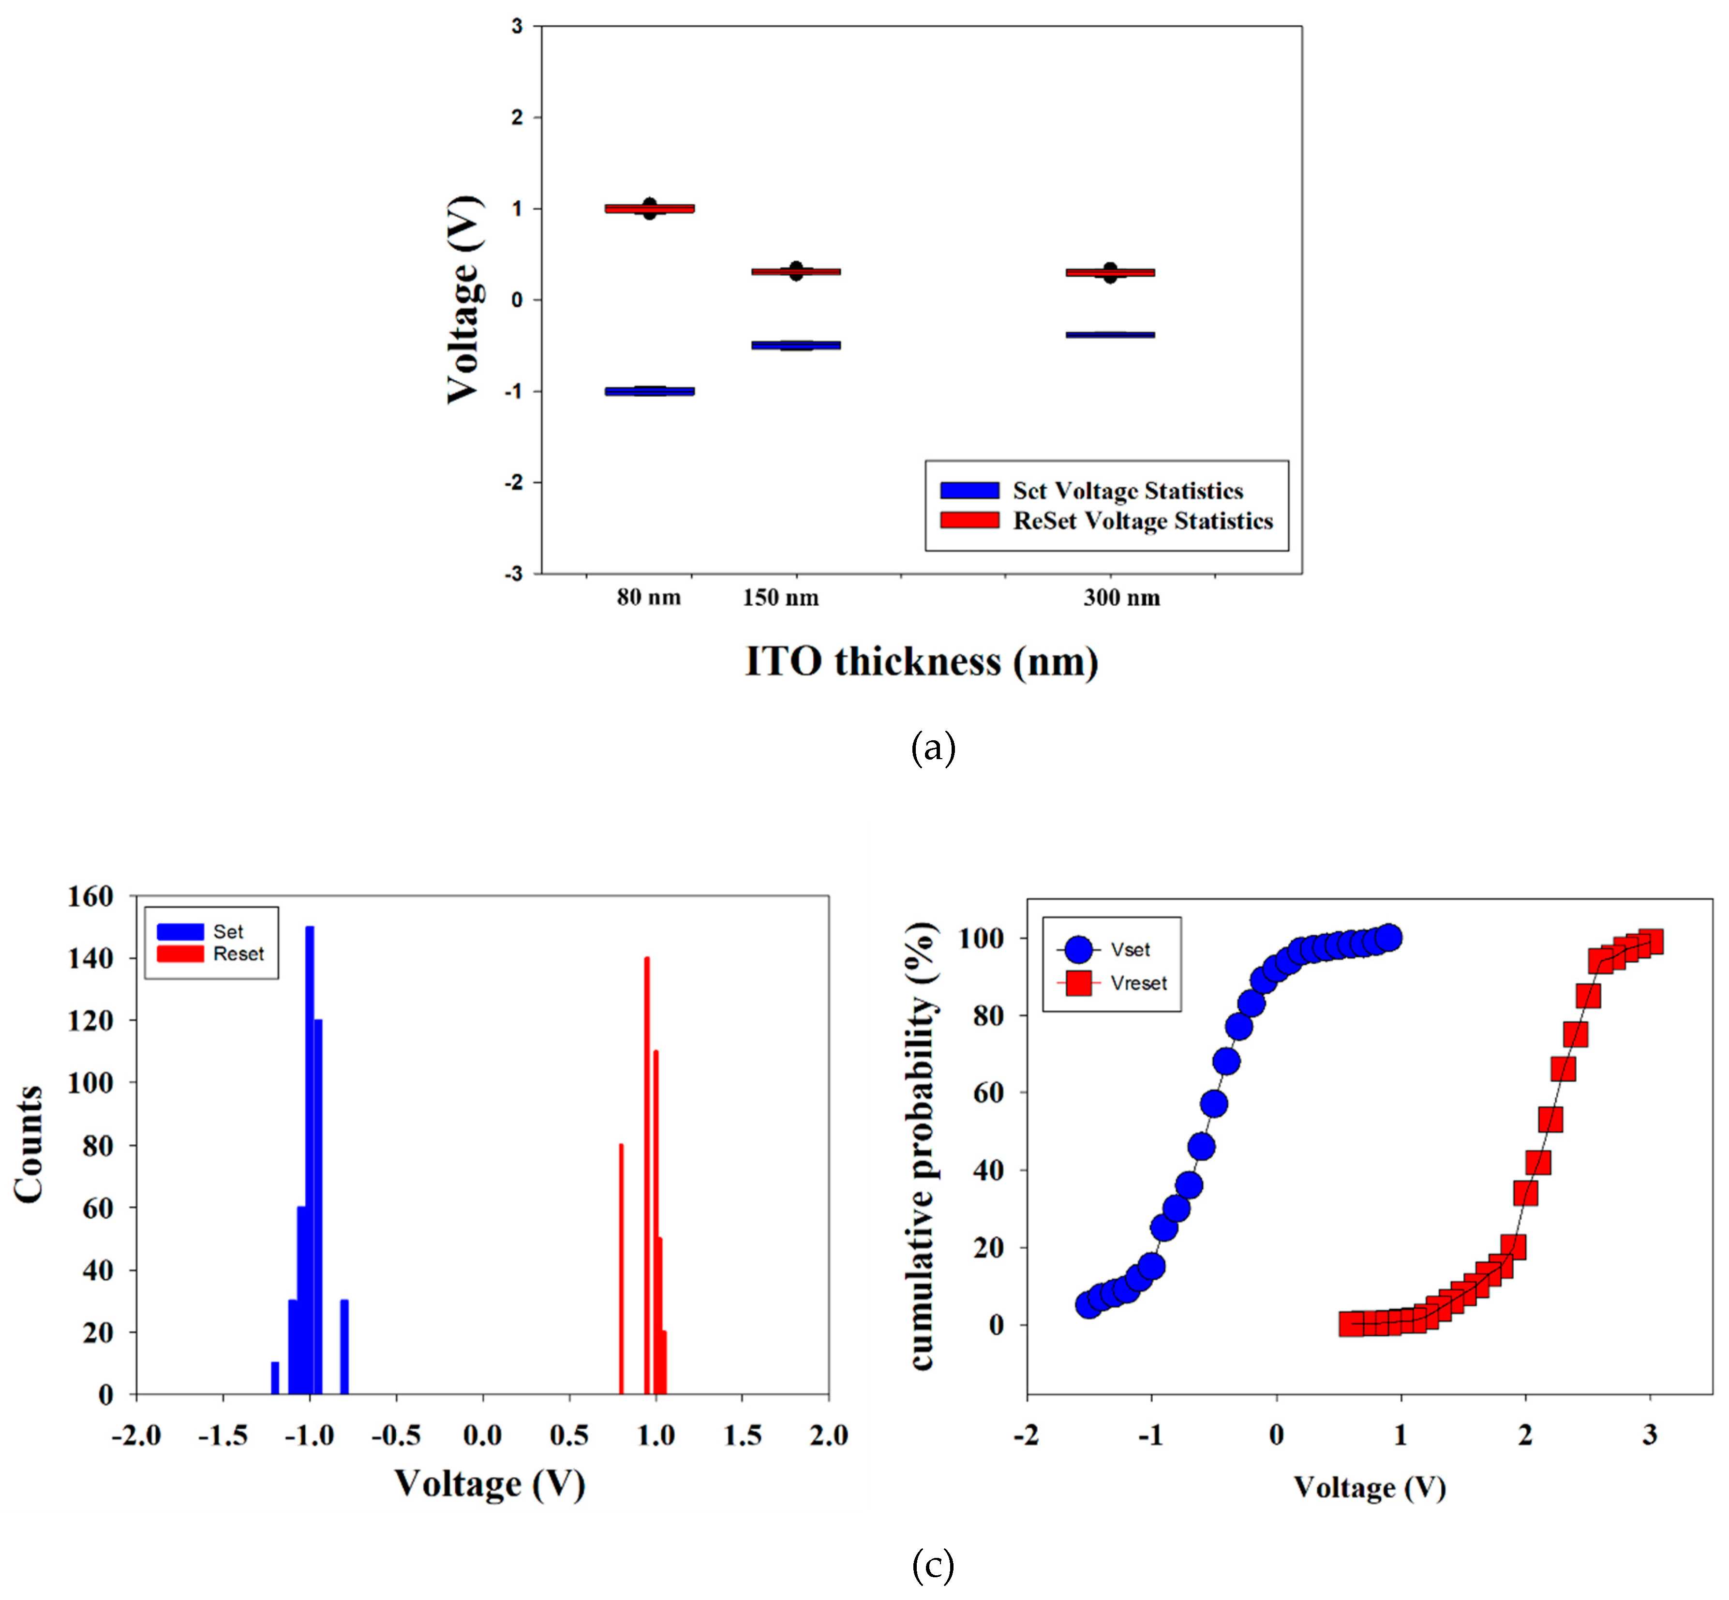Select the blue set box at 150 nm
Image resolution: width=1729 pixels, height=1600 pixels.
[796, 344]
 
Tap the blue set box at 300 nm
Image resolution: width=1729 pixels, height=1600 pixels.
[1110, 334]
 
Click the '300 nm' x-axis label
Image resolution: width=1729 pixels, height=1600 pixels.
[1121, 598]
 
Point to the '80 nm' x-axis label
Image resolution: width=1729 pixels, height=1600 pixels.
[648, 598]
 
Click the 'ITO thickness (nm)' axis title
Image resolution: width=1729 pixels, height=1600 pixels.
[921, 662]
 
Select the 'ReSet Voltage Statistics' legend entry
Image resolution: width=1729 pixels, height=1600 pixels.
[1142, 521]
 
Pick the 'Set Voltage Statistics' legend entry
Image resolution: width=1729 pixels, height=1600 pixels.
[1127, 491]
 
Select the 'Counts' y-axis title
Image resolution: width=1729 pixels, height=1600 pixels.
[29, 1145]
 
